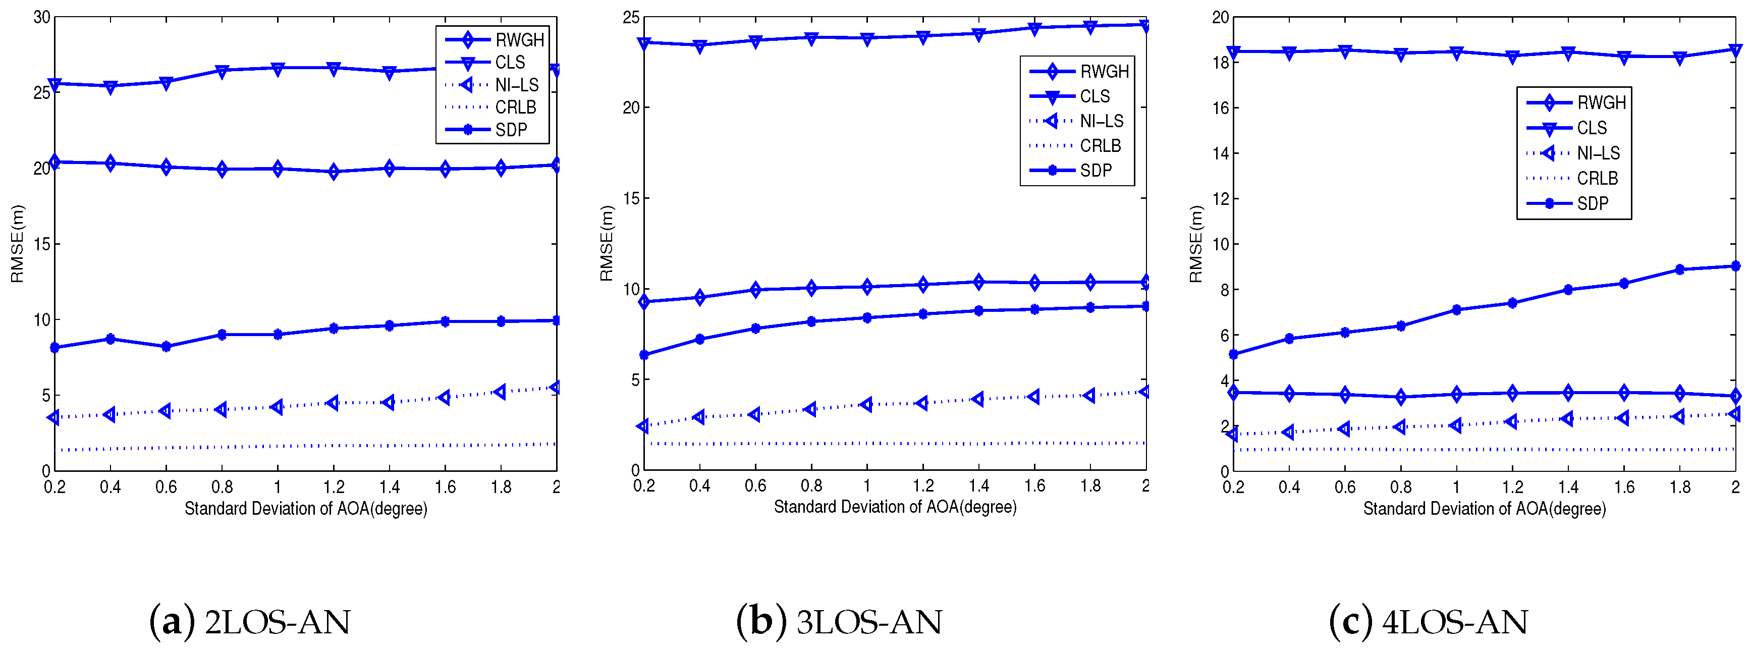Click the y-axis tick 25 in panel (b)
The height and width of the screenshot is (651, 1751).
point(631,17)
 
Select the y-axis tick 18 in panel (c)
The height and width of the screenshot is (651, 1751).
point(1221,63)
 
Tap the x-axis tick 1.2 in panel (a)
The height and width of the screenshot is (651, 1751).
point(333,486)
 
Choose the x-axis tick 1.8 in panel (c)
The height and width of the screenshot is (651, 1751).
point(1680,486)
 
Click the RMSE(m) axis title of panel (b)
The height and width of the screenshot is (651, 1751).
point(607,243)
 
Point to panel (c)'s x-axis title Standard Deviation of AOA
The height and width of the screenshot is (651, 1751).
point(1485,508)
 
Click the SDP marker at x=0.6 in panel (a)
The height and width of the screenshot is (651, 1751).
point(166,347)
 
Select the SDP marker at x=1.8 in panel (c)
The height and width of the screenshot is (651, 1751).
point(1680,270)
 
